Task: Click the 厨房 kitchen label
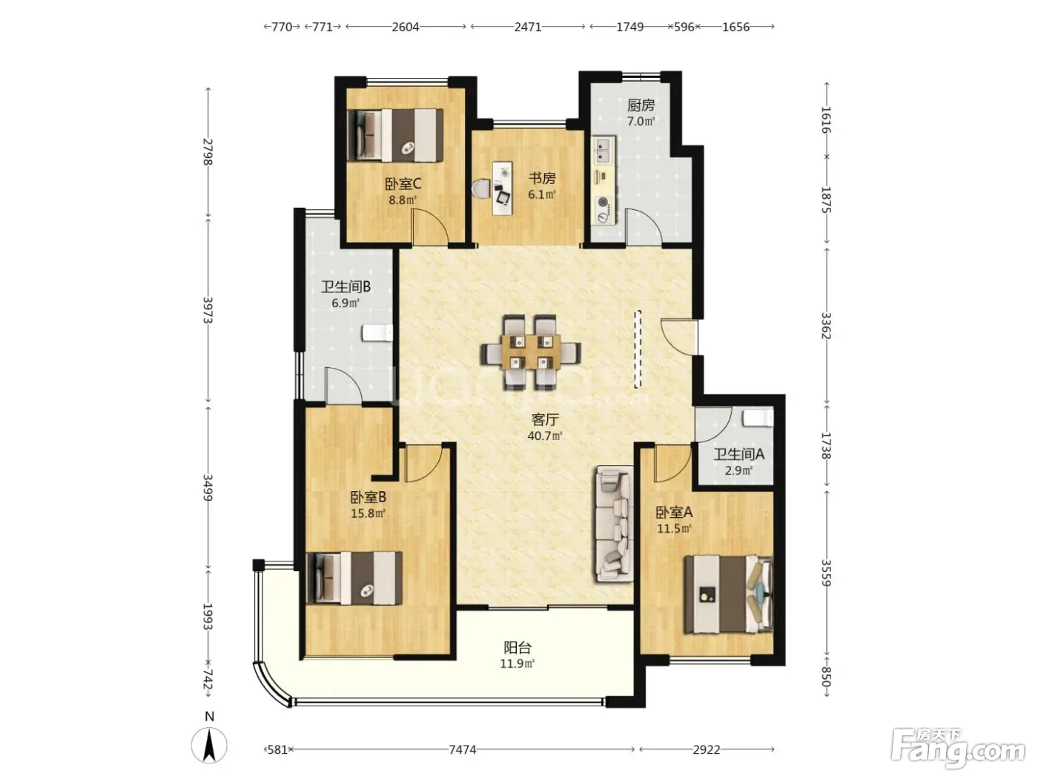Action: (641, 105)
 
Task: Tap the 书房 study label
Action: (542, 178)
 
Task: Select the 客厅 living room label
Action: (545, 419)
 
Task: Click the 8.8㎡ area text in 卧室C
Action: (403, 200)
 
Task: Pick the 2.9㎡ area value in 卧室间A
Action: (738, 470)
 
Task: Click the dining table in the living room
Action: (531, 352)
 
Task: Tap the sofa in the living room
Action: (615, 524)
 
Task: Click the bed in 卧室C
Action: (395, 135)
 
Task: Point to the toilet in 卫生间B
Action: (377, 333)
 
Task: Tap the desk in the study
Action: (502, 188)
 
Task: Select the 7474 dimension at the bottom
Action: (462, 749)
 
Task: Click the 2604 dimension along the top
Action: (406, 27)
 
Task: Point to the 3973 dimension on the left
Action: (208, 310)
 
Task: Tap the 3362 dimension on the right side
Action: (826, 326)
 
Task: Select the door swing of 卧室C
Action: (429, 227)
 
